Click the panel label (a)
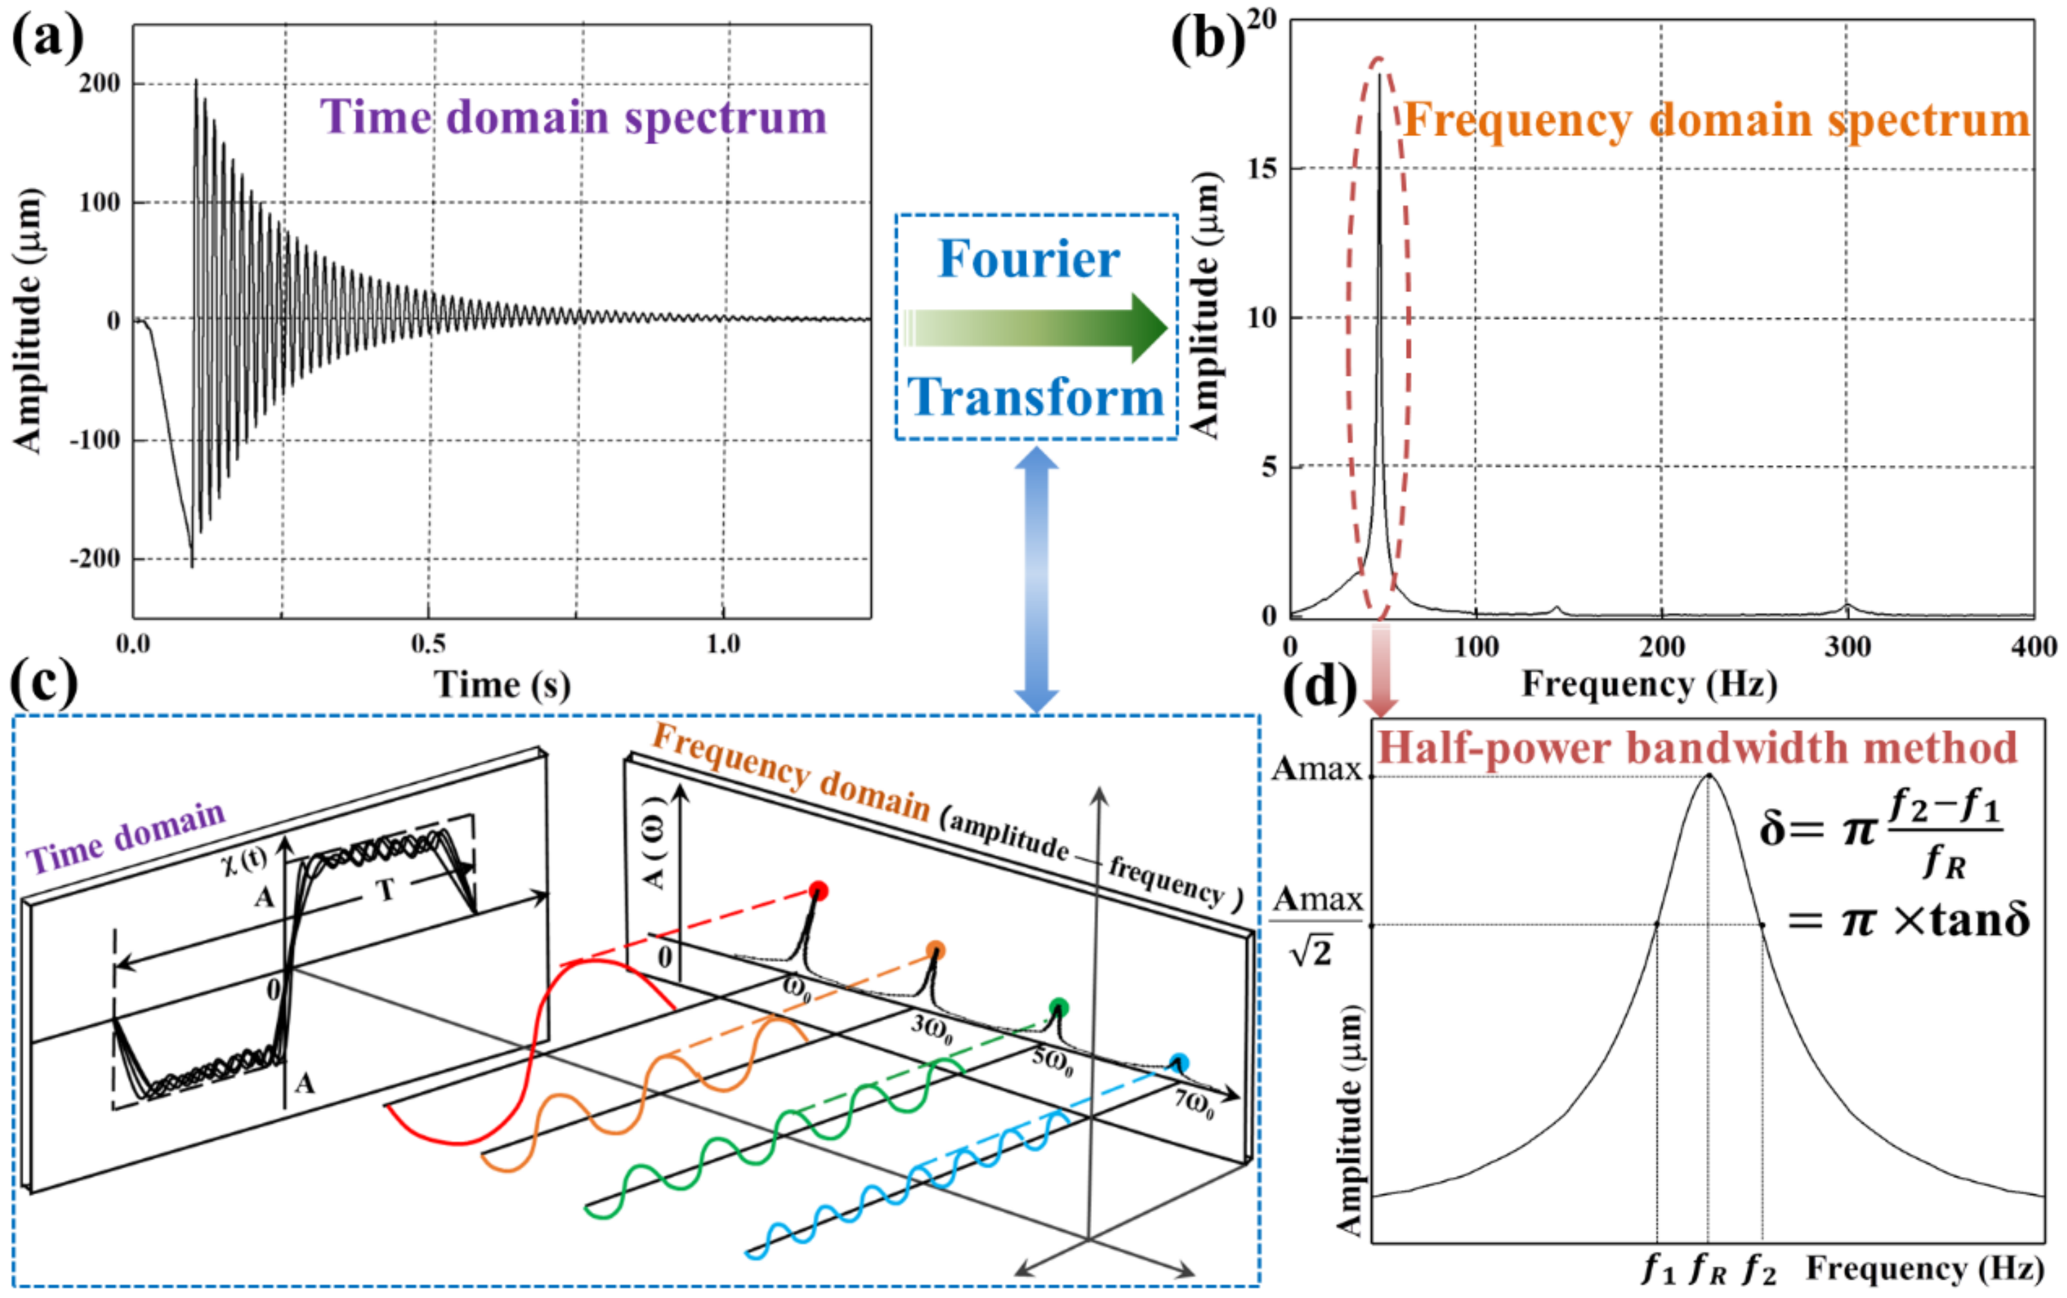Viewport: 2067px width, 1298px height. (47, 39)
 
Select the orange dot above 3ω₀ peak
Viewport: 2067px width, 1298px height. (936, 950)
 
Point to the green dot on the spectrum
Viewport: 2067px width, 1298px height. (1059, 1007)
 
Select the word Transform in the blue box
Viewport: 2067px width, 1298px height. (1035, 398)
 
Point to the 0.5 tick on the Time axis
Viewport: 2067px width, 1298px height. (427, 644)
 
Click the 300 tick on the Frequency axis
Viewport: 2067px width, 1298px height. (1847, 647)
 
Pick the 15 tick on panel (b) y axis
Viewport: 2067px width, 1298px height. (1263, 169)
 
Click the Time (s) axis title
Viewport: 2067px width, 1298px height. (502, 684)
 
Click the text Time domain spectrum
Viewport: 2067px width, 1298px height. (573, 118)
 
